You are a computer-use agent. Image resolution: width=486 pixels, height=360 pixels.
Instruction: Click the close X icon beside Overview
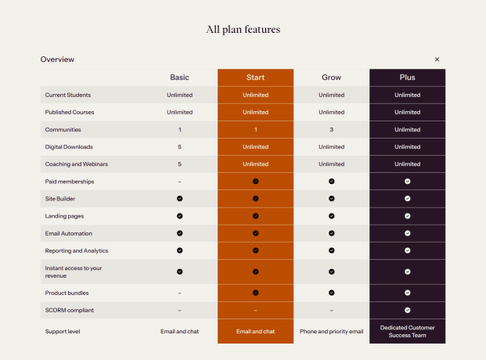point(437,59)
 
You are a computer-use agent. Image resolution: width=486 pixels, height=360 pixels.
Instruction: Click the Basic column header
point(179,77)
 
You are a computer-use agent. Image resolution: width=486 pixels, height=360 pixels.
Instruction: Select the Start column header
point(255,77)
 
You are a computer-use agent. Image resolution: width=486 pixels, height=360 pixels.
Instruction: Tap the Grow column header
point(331,77)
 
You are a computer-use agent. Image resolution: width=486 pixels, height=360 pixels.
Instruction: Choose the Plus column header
point(407,77)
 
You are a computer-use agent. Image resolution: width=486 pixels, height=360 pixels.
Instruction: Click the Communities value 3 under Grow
point(331,130)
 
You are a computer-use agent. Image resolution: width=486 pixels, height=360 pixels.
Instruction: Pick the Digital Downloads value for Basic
point(179,147)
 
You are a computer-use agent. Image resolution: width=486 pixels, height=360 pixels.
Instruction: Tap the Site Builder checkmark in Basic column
point(179,199)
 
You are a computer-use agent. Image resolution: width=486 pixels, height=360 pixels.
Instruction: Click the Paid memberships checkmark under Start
point(255,182)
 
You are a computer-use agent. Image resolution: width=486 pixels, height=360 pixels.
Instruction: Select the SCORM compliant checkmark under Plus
point(407,310)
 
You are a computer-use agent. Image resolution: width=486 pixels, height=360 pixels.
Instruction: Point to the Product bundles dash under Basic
point(179,293)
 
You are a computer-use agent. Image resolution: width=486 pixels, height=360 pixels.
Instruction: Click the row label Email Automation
point(68,233)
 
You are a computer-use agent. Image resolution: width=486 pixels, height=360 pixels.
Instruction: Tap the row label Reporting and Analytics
point(76,250)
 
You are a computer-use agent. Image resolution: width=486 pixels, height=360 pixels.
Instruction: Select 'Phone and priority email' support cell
point(331,331)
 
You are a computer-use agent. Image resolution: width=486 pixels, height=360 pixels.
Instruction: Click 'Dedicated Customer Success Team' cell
point(407,331)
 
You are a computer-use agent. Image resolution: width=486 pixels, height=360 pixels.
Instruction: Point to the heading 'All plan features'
point(243,30)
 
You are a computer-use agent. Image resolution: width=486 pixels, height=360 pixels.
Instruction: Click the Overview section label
point(57,59)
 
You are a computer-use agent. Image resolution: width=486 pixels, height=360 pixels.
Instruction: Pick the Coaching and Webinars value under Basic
point(179,164)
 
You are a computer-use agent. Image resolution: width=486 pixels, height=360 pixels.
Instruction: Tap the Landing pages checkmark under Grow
point(331,216)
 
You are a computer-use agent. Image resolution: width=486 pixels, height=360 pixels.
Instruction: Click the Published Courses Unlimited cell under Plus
point(407,113)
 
